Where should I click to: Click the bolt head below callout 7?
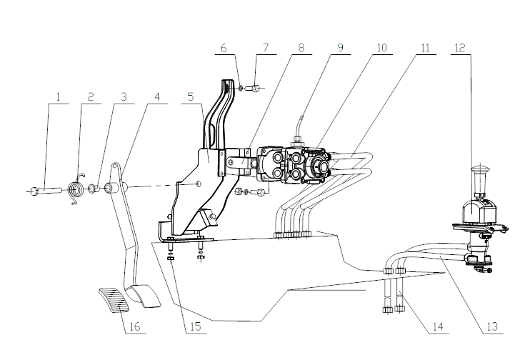pos(256,89)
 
